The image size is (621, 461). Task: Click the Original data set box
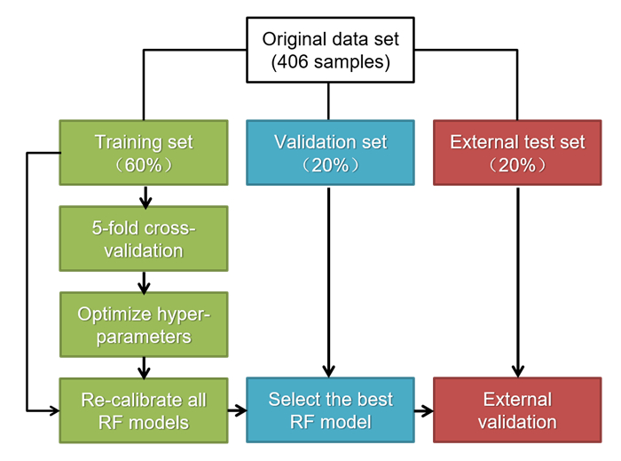click(330, 50)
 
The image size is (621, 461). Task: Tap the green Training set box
click(144, 153)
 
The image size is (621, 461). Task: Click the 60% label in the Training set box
click(144, 165)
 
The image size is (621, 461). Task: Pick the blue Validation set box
click(330, 153)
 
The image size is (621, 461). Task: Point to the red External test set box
click(517, 153)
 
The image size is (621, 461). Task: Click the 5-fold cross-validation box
click(144, 239)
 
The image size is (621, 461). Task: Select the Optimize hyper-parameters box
click(144, 324)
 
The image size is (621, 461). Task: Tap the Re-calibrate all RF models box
click(144, 410)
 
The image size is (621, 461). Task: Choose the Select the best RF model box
click(330, 409)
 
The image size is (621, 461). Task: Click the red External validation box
click(517, 409)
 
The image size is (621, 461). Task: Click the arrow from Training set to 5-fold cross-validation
click(145, 197)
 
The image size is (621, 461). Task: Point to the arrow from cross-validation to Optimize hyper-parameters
click(144, 282)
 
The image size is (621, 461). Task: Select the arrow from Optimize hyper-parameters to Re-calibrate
click(144, 368)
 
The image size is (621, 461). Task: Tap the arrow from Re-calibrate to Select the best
click(237, 410)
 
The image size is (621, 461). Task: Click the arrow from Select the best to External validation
click(424, 410)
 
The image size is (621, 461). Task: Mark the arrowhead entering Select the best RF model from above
click(329, 371)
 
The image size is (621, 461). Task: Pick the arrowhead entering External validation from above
click(517, 371)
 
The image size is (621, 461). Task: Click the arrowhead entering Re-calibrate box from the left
click(54, 410)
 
